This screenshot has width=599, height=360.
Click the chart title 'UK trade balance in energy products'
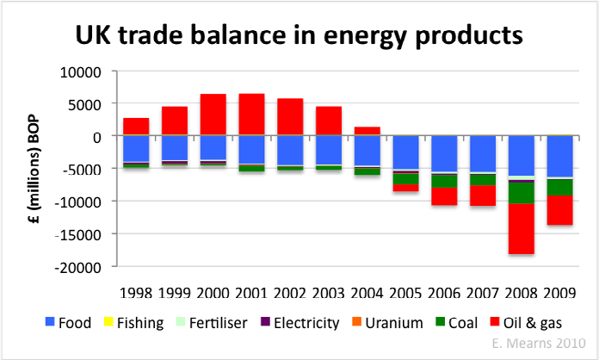[299, 35]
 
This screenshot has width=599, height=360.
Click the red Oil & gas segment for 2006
[445, 196]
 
